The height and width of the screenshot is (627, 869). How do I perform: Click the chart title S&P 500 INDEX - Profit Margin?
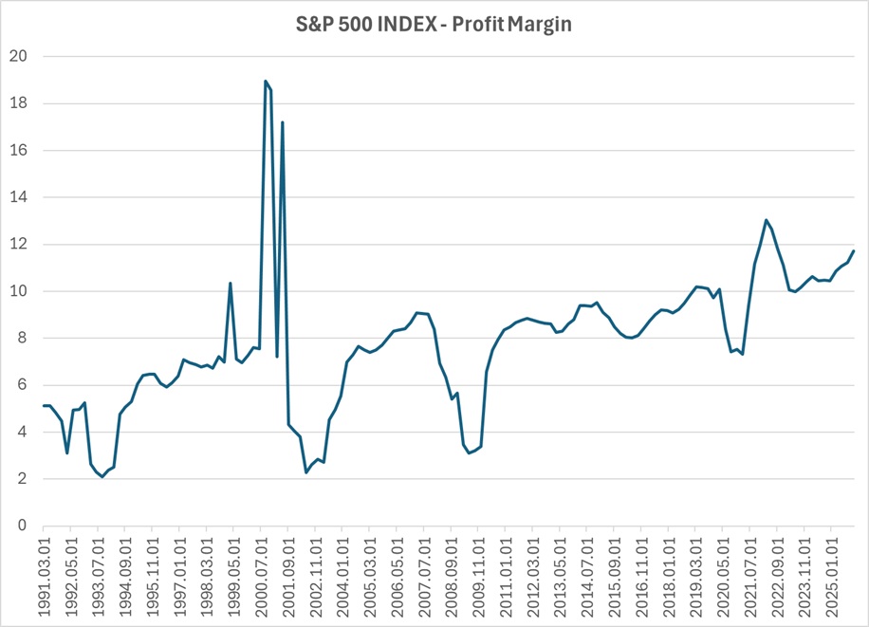coord(434,25)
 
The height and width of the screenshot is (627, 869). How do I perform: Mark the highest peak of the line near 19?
coord(265,82)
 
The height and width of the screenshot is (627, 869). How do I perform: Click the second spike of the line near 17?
coord(283,122)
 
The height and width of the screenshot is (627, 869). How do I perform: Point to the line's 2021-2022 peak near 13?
coord(766,220)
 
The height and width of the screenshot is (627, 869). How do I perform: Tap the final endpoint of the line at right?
coord(854,251)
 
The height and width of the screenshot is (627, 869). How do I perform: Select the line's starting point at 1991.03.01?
coord(44,406)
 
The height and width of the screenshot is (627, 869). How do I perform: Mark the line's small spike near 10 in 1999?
coord(231,283)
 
